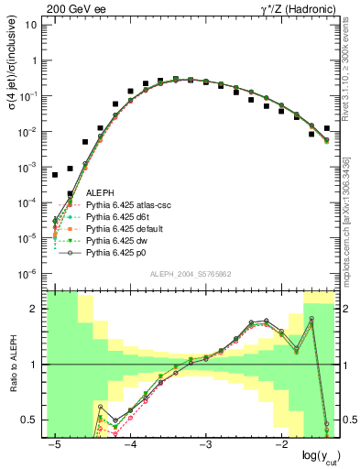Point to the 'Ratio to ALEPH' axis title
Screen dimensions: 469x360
click(12, 365)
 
